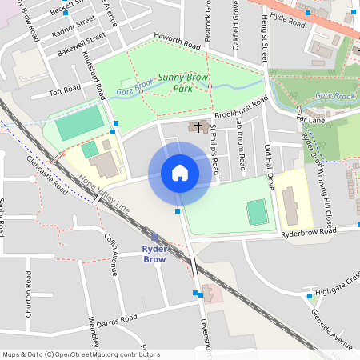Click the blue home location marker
[180, 173]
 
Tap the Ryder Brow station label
[154, 254]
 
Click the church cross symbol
[198, 126]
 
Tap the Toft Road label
[66, 89]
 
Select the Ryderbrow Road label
[308, 233]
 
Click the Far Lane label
[308, 118]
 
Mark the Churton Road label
[29, 294]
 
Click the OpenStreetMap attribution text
[81, 354]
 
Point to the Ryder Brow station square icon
[154, 237]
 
